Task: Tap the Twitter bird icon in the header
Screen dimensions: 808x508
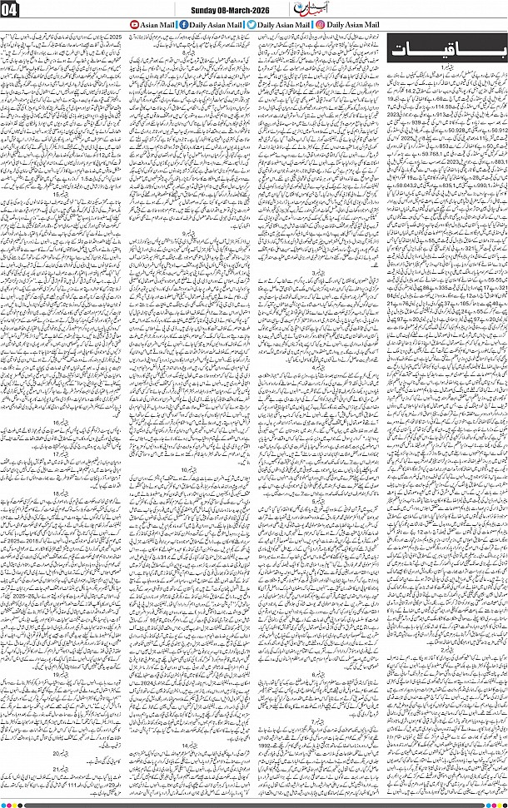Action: tap(251, 25)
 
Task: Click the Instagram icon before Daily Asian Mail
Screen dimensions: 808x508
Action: tap(321, 25)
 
